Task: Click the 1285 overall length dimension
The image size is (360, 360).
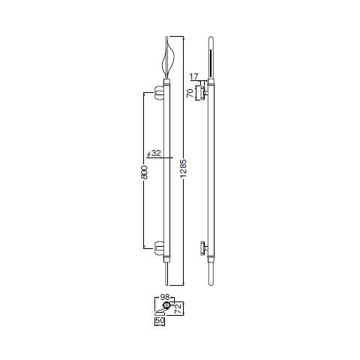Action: coord(183,169)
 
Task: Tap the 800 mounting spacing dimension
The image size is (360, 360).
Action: coord(144,172)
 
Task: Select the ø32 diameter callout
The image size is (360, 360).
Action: coord(154,153)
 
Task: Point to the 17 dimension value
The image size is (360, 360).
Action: coord(194,76)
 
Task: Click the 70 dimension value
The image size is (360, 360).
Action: coord(190,93)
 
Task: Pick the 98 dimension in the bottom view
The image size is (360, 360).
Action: coord(165,297)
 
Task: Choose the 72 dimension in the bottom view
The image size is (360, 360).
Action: coord(178,309)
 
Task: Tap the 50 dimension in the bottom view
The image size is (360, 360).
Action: coord(160,321)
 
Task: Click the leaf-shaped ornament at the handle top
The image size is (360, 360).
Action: coord(167,58)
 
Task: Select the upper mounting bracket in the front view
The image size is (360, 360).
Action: coord(158,93)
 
